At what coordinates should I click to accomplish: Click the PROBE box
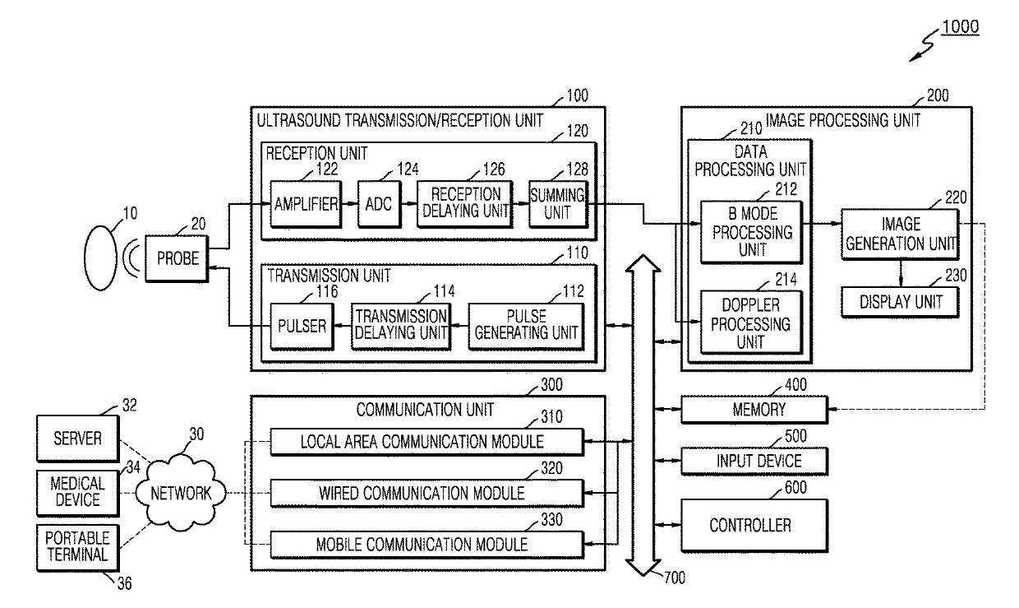point(177,258)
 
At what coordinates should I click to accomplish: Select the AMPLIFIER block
point(306,204)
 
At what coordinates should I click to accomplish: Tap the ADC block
point(379,204)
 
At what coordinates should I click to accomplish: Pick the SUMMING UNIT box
point(558,204)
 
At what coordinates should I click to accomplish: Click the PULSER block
point(302,327)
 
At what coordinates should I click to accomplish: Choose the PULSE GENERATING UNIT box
point(526,327)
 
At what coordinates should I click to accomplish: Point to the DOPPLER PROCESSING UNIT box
point(751,323)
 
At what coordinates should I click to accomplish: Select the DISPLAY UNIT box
point(901,302)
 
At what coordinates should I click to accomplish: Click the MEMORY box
point(754,410)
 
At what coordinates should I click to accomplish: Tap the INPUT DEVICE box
point(754,461)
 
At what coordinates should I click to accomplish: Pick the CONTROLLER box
point(754,526)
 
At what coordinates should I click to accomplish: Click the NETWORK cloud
point(181,494)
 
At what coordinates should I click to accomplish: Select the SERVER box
point(78,439)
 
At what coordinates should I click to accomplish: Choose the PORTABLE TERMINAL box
point(78,548)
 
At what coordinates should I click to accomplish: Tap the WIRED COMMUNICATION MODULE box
point(427,494)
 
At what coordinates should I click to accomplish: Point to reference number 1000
point(961,27)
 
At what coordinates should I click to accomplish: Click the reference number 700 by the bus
point(675,578)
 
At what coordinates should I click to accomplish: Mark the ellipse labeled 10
point(100,258)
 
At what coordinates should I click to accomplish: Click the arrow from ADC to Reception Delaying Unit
point(409,203)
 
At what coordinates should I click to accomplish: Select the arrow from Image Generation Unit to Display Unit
point(901,273)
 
